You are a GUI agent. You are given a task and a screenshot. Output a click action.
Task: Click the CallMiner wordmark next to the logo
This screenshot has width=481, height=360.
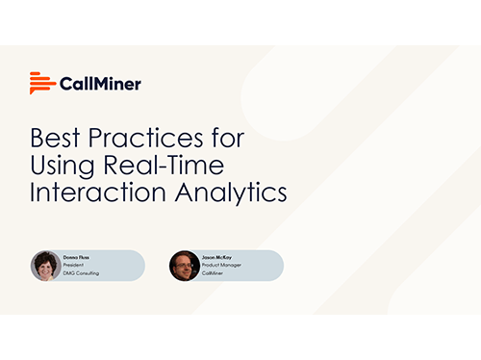[x=100, y=84]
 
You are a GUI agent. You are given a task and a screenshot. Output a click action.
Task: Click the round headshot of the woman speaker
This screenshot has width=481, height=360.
[x=46, y=266]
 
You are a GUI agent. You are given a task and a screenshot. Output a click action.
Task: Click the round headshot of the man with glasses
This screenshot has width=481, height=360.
[x=185, y=266]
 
